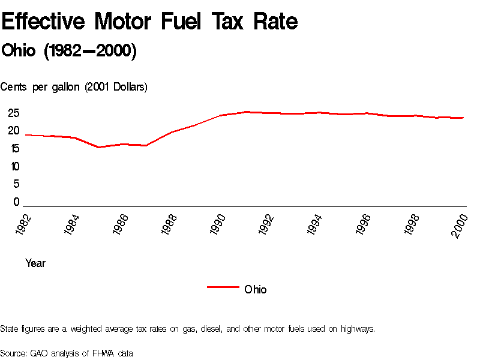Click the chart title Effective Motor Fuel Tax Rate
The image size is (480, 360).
(149, 22)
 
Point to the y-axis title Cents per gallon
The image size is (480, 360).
(74, 87)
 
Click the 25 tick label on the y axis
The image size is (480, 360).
(14, 113)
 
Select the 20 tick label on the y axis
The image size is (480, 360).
(14, 131)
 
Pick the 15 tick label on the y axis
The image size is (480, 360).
(14, 148)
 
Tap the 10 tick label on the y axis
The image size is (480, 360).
(14, 166)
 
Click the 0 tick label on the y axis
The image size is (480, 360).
(17, 202)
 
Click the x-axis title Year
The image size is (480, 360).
(35, 263)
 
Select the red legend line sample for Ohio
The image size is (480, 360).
(223, 287)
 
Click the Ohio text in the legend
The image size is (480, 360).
(256, 289)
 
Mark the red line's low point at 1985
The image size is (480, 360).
(98, 147)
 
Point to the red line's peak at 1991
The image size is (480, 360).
(246, 112)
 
